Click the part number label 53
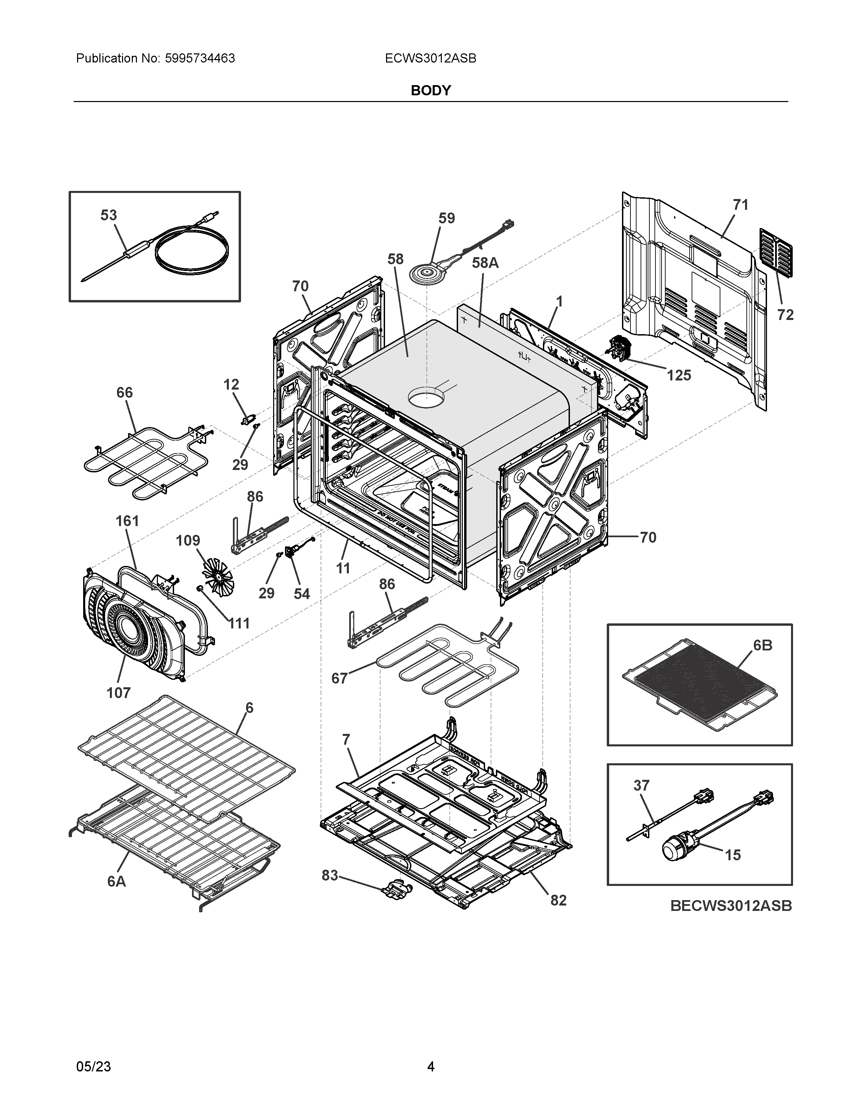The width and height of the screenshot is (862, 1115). (x=108, y=216)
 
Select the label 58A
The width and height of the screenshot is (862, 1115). (x=485, y=263)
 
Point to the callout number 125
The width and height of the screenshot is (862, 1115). (x=679, y=376)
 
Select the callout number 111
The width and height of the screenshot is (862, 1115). (x=238, y=623)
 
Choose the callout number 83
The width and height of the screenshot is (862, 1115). (x=330, y=875)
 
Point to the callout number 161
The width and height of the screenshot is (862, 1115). (x=127, y=521)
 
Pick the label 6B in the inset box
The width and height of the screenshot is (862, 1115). (x=762, y=646)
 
